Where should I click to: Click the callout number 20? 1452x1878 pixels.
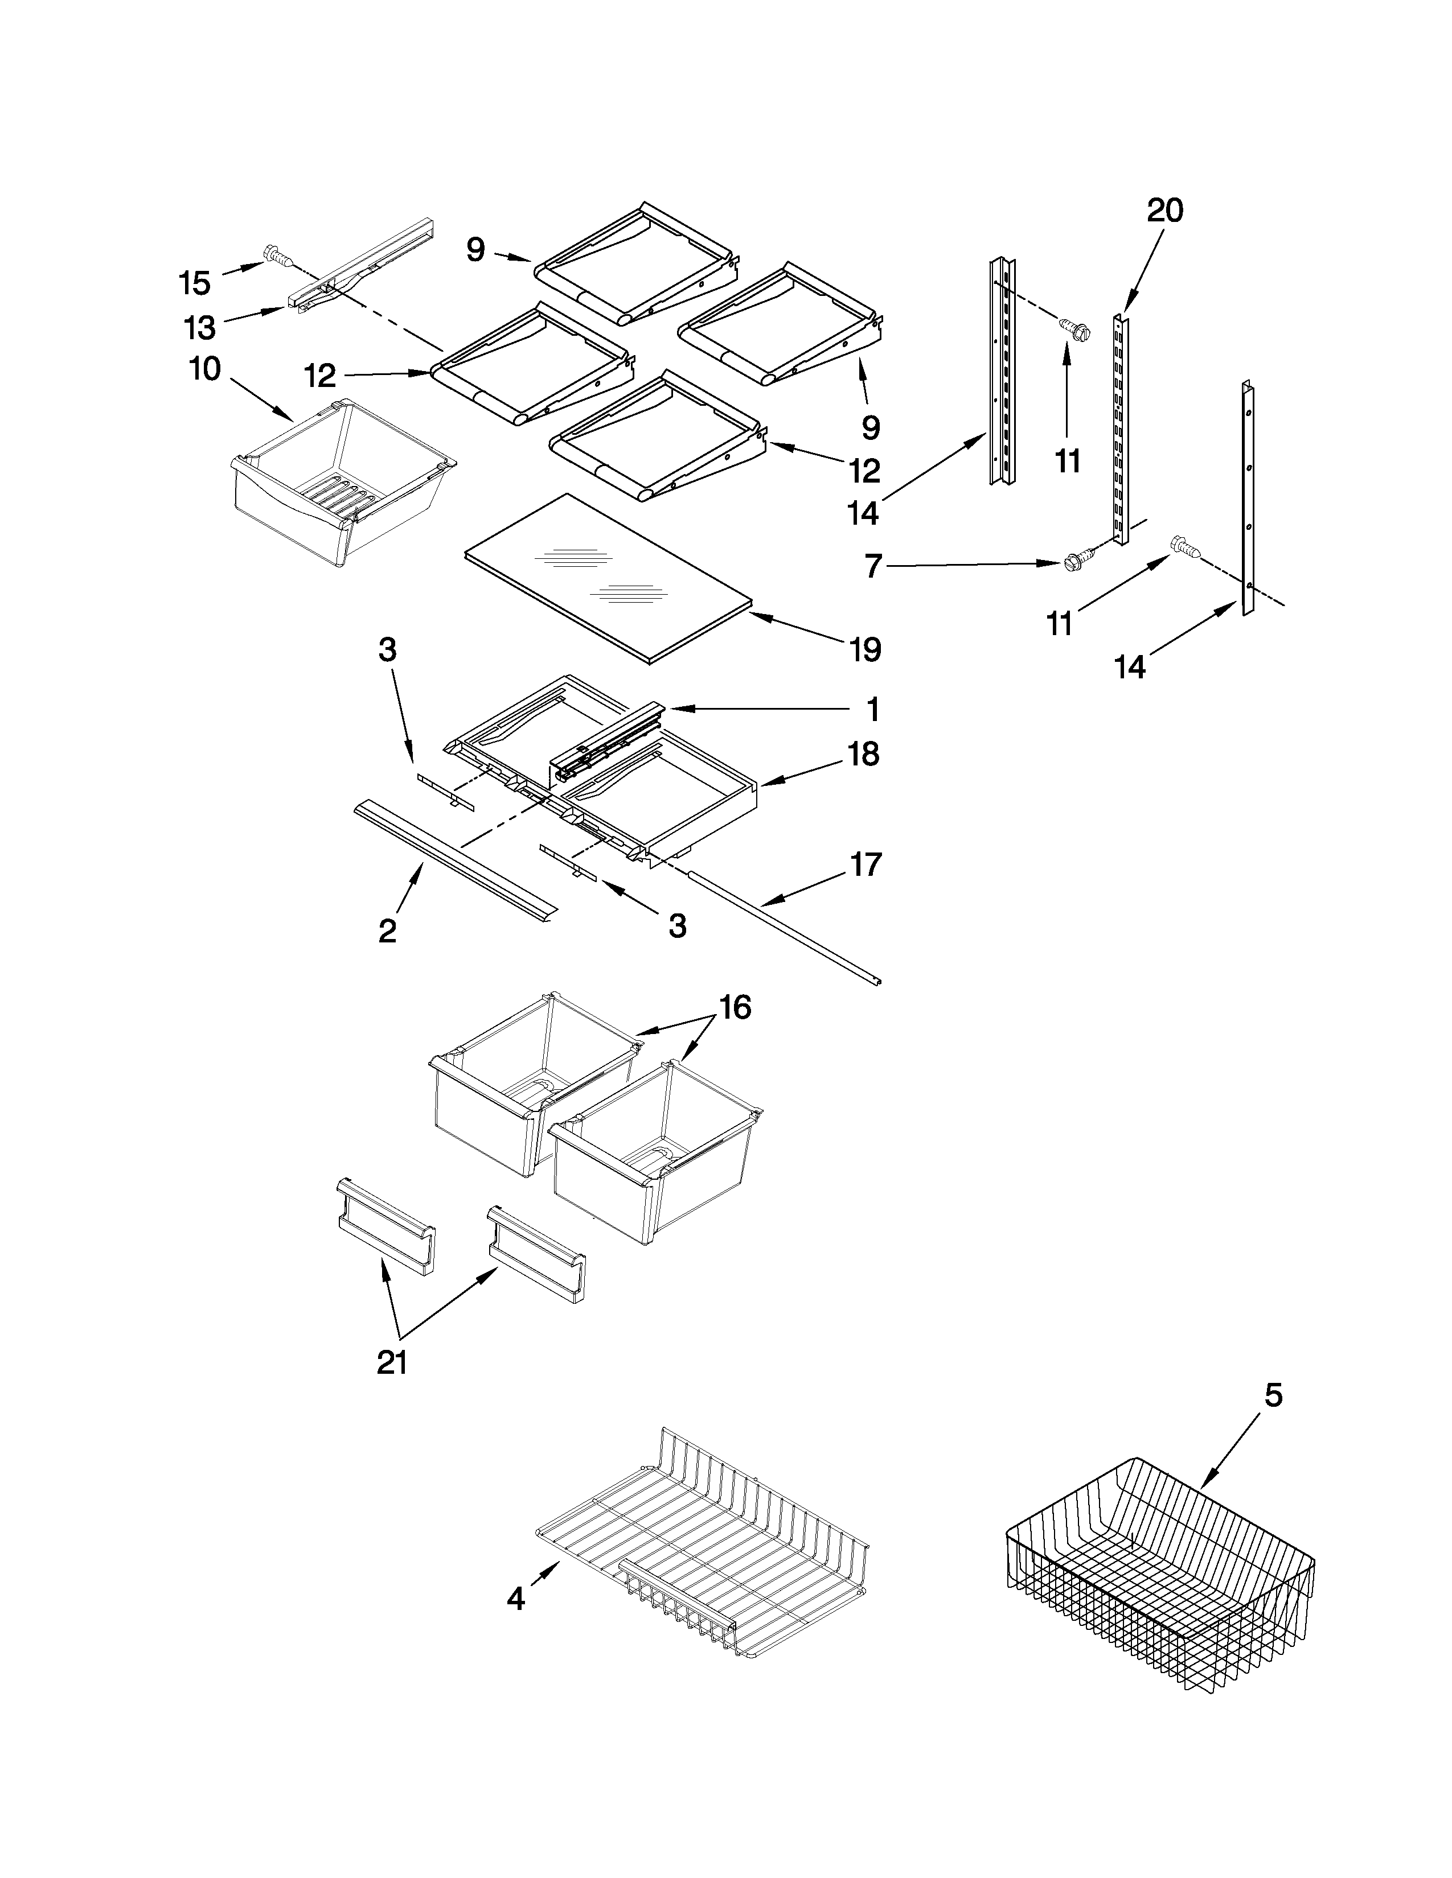[1164, 210]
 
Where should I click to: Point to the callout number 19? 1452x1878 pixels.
[866, 650]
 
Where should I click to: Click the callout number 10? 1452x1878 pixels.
[205, 370]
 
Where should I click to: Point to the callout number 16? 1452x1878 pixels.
[735, 1006]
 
